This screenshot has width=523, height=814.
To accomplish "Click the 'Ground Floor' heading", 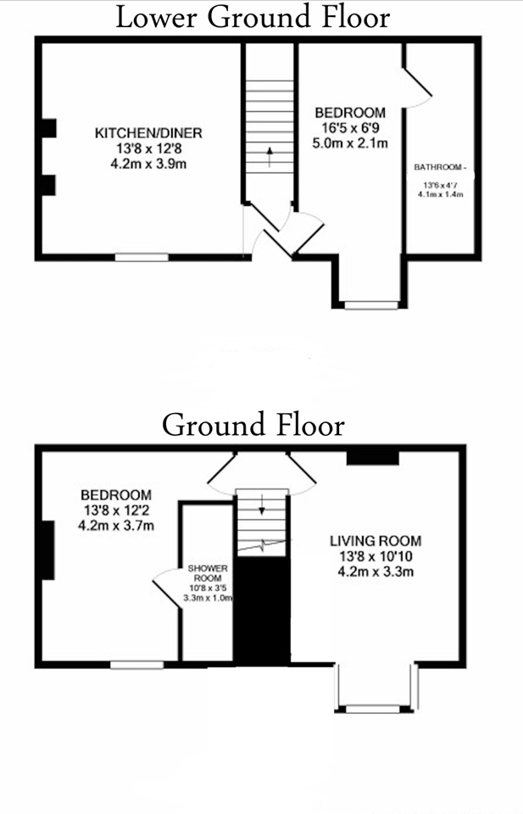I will [253, 423].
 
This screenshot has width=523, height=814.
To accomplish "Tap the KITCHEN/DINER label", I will [148, 133].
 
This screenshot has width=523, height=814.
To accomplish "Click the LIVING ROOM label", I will [375, 540].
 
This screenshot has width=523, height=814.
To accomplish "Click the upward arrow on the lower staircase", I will [270, 157].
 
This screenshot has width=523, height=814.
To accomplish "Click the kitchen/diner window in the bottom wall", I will [142, 256].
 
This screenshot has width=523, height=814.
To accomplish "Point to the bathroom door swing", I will [419, 87].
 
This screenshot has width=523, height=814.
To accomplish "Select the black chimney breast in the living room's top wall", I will [372, 457].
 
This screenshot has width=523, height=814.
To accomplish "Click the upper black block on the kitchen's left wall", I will [48, 128].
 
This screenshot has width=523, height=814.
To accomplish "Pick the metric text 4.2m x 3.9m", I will [148, 164].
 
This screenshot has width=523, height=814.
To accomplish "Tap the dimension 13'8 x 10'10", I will [375, 556].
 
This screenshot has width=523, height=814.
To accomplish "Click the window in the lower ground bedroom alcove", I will [370, 304].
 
